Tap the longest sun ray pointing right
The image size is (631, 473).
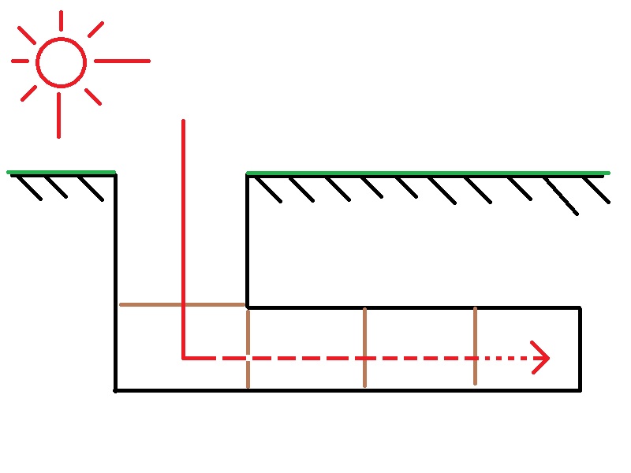coord(122,61)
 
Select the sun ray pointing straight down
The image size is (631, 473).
coord(58,115)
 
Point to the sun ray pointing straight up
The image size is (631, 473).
coord(61,20)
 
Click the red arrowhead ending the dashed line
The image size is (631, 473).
coord(543,358)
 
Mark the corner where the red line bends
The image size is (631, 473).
coord(183,358)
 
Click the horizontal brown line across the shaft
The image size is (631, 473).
coord(181,304)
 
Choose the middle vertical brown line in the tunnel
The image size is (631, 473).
coord(364,347)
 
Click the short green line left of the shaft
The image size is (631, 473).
coord(62,172)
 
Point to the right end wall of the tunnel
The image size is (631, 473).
coord(581,348)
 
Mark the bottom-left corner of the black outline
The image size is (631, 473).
coord(116,389)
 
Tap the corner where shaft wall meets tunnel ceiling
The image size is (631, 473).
coord(248,307)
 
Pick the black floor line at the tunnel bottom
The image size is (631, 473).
coord(347,389)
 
